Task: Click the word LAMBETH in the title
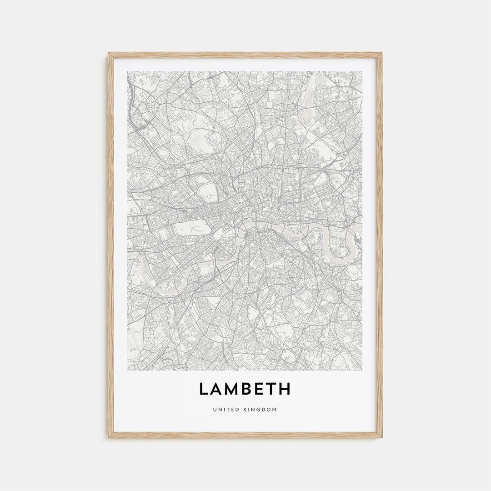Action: click(245, 389)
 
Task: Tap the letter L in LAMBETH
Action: click(203, 389)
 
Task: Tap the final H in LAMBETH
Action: click(285, 389)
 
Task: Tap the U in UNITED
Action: click(214, 410)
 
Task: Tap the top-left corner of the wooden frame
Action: click(109, 54)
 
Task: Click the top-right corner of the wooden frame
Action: click(381, 54)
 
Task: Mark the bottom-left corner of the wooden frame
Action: click(109, 437)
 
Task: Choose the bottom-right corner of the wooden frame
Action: click(381, 437)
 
